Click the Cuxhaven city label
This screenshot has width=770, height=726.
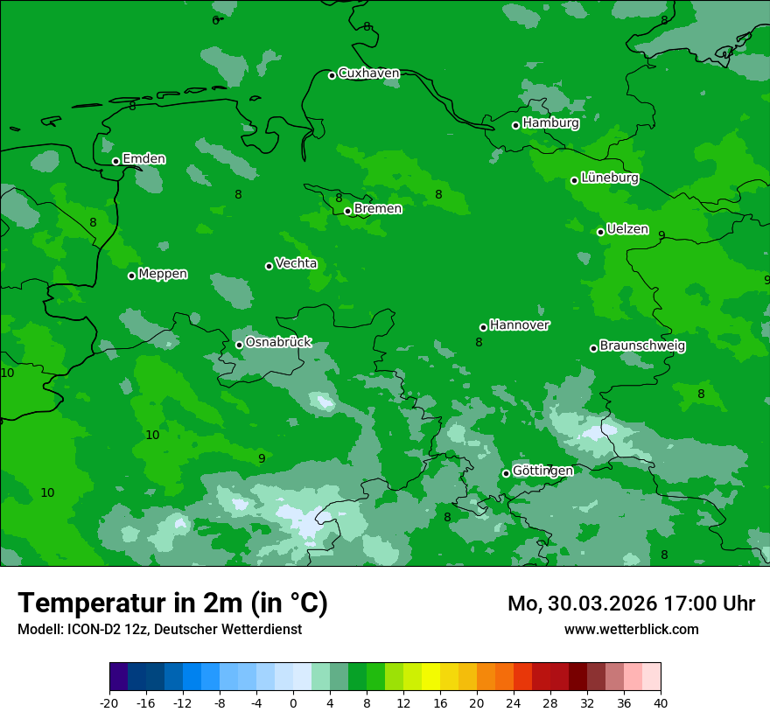point(368,73)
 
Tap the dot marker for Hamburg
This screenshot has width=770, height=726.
point(515,125)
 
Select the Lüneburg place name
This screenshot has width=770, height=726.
point(609,178)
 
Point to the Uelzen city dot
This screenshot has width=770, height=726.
point(600,232)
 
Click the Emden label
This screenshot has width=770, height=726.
point(143,158)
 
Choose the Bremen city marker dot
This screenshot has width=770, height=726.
point(347,211)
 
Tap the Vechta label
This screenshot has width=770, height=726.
point(296,263)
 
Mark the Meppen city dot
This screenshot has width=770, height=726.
point(131,276)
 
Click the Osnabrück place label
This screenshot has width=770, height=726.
point(278,342)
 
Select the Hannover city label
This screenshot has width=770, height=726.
point(519,325)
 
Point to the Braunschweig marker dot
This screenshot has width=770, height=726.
point(593,348)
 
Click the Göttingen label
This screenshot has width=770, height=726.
point(542,471)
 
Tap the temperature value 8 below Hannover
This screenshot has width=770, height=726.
point(479,343)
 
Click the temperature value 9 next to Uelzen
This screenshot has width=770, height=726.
point(661,235)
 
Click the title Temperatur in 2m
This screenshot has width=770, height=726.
point(172,603)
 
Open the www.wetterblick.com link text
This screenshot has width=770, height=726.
point(631,629)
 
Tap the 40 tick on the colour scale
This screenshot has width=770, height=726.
point(660,703)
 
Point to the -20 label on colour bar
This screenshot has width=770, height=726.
point(108,703)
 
